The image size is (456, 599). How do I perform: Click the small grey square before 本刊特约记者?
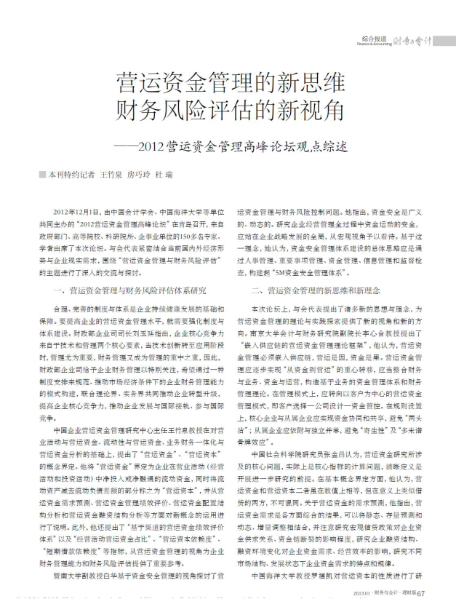43,176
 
